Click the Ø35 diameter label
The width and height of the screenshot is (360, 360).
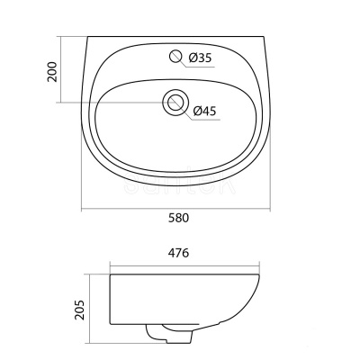click(x=201, y=58)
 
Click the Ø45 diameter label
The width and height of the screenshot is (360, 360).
click(x=204, y=111)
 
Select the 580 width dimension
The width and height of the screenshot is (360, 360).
click(x=178, y=218)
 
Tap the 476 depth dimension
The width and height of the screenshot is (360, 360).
click(x=178, y=253)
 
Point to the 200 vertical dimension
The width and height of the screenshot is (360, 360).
click(x=52, y=72)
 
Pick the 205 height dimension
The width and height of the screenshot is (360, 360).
click(x=80, y=310)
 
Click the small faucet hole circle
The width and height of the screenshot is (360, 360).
click(x=175, y=56)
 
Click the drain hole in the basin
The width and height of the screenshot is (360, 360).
click(x=175, y=102)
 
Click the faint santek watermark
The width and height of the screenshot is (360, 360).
click(x=179, y=182)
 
